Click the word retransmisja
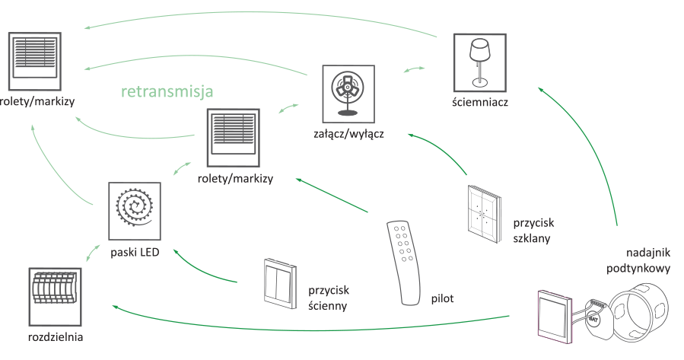[x=167, y=91]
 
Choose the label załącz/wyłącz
[x=348, y=135]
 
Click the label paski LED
[x=135, y=252]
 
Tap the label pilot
[x=442, y=298]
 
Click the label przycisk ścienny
[x=329, y=298]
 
